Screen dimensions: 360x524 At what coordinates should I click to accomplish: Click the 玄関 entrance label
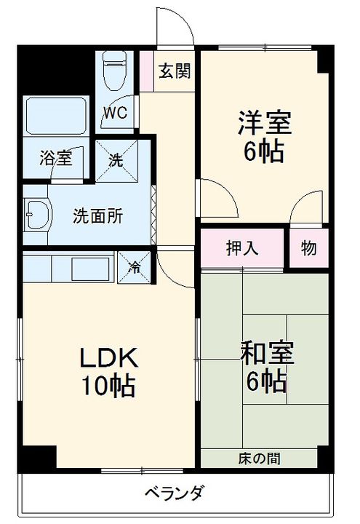pos(175,71)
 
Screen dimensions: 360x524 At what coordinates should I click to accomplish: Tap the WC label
pos(115,113)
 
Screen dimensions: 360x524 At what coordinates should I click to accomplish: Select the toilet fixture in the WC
pos(115,70)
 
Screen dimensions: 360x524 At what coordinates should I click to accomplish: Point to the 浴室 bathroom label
pos(56,158)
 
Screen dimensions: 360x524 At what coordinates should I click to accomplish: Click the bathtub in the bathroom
pos(56,116)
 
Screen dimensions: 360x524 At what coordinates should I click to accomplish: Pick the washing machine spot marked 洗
pos(116,161)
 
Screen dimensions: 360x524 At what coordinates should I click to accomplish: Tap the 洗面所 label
pos(98,216)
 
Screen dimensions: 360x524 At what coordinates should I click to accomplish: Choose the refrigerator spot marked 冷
pos(135,267)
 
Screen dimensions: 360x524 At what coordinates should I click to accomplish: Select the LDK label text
pos(108,357)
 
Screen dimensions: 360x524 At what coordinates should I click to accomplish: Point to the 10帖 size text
pos(108,386)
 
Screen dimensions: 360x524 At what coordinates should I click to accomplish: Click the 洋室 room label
pos(265,123)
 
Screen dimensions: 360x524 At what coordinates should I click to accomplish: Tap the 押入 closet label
pos(242,248)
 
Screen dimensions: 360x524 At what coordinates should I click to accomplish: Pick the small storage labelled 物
pos(308,248)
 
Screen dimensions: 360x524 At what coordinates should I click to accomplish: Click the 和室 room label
pos(267,352)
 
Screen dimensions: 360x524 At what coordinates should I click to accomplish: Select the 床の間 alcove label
pos(259,458)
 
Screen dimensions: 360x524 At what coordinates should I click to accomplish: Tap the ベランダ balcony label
pos(174,492)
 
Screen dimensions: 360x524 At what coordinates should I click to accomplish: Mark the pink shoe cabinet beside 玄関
pos(146,71)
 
